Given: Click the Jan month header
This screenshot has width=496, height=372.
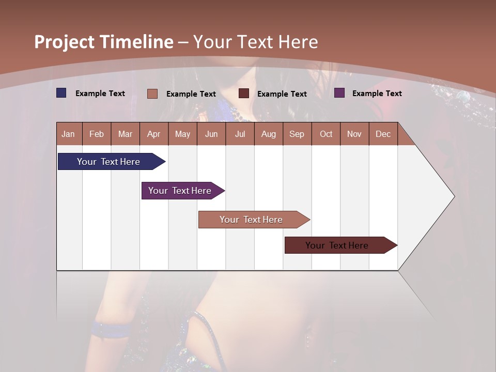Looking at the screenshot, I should click(69, 134).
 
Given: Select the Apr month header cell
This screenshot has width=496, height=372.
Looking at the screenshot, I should click(154, 134).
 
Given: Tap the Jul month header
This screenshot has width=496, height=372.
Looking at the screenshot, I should click(240, 134).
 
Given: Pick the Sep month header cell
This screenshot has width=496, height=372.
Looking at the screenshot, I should click(297, 134).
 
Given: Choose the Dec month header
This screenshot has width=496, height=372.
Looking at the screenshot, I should click(383, 134).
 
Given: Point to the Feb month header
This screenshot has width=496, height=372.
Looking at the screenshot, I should click(97, 134).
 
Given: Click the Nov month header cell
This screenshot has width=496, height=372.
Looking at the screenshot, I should click(354, 134).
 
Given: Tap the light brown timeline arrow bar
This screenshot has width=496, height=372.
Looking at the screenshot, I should click(252, 220).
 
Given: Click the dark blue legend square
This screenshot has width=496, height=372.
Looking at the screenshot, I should click(61, 93).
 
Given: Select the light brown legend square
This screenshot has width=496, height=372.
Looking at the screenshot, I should click(152, 94).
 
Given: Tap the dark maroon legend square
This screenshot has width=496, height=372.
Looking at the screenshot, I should click(244, 94).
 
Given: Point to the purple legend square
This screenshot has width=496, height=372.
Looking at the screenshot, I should click(339, 93).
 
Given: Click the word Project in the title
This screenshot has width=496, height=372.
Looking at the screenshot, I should click(64, 42).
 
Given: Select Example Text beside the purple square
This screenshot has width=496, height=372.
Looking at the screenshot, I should click(377, 94).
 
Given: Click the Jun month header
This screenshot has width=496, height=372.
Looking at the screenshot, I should click(211, 134).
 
